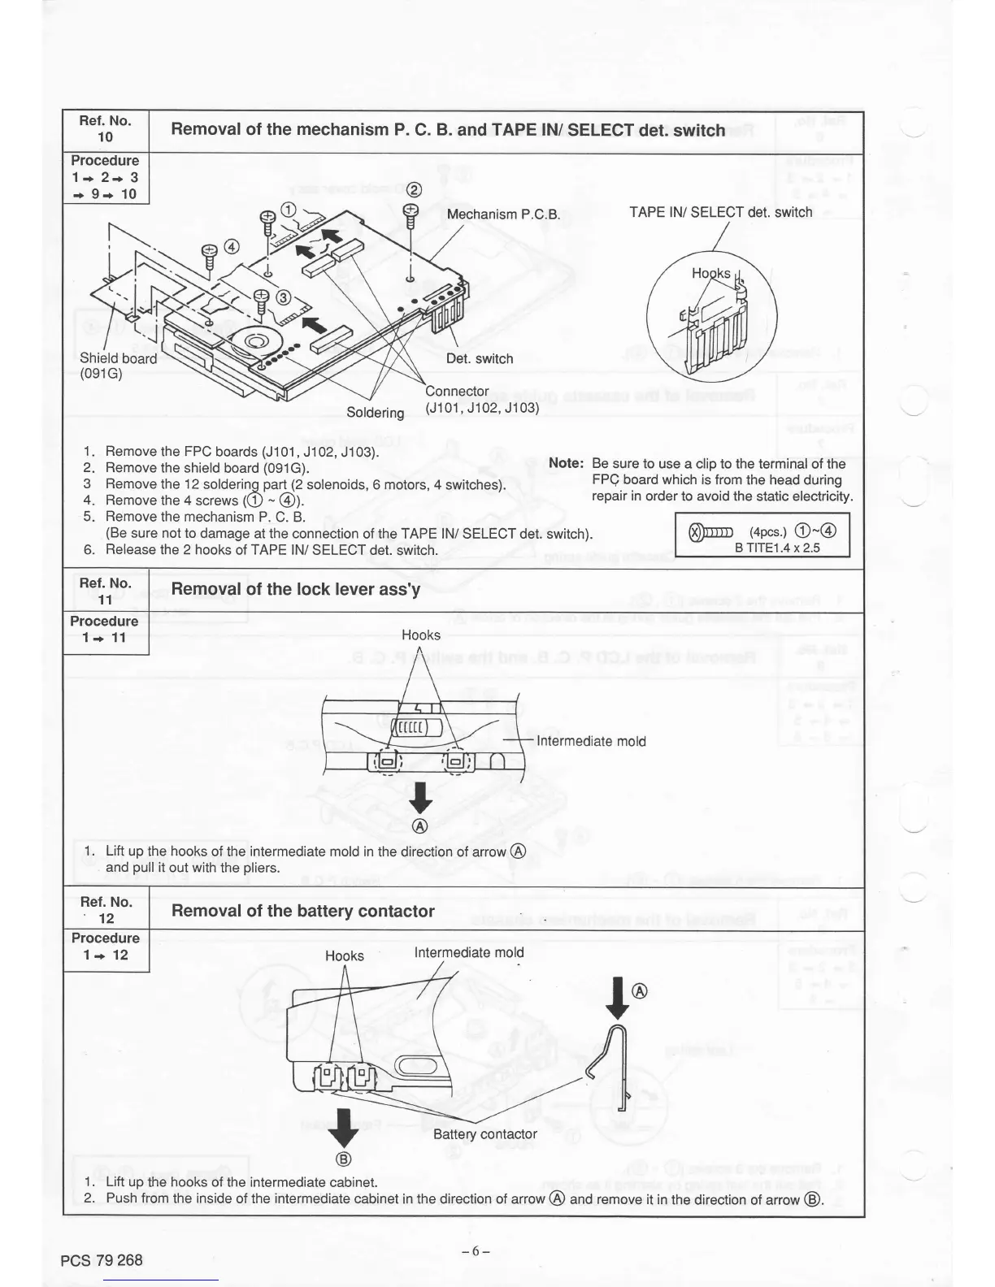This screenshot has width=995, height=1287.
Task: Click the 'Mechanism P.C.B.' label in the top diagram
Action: click(504, 214)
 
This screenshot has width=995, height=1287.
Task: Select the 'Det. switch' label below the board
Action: click(480, 358)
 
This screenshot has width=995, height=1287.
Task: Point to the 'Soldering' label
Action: click(375, 412)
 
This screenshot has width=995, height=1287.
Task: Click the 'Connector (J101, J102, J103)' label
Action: click(481, 400)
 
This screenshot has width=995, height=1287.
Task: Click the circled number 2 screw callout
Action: click(415, 190)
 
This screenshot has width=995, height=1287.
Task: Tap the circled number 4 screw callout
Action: click(231, 247)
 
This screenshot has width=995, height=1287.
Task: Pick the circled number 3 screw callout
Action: click(283, 297)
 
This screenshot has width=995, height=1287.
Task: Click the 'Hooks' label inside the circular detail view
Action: click(710, 273)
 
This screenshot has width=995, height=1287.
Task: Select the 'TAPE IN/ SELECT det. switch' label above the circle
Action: click(720, 212)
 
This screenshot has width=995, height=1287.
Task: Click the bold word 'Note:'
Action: click(567, 463)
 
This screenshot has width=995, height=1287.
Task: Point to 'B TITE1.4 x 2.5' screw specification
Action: click(777, 548)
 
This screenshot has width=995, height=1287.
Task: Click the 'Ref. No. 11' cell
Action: click(105, 591)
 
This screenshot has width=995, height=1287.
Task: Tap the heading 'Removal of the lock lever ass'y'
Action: click(296, 589)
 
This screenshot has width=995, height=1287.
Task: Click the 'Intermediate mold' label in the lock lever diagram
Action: click(591, 741)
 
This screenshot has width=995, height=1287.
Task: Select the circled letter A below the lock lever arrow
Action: click(420, 826)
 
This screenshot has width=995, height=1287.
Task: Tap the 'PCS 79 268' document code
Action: click(102, 1260)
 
